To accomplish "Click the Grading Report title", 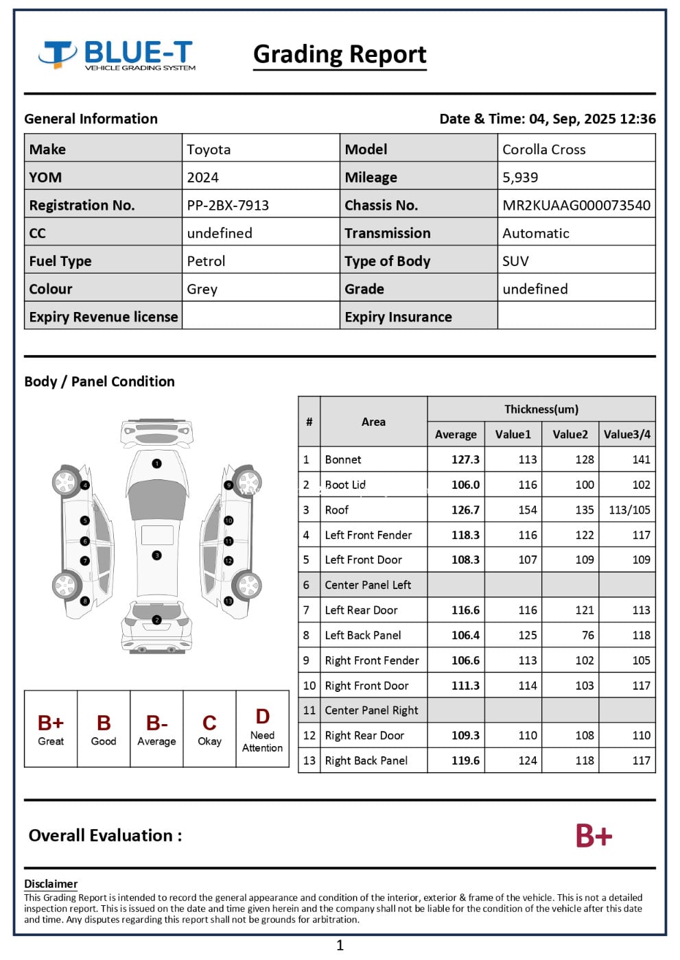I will click(x=340, y=54).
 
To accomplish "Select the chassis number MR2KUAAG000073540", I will click(x=576, y=205).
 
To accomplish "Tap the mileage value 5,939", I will click(x=520, y=177).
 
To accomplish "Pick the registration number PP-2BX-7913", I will click(x=228, y=205).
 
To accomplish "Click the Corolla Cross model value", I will click(x=543, y=149).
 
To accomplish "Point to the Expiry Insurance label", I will click(x=398, y=317).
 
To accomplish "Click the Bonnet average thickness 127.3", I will click(x=465, y=459).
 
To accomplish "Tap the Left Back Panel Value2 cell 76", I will click(x=587, y=635).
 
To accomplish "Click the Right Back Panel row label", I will click(x=366, y=760).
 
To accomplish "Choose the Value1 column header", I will click(x=513, y=434).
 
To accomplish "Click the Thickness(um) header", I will click(x=541, y=409).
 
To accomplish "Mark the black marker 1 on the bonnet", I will click(x=157, y=464).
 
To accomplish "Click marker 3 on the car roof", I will click(x=157, y=555).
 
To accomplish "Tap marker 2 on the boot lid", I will click(x=157, y=620).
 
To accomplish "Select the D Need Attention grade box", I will click(x=262, y=729).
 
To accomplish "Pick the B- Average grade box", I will click(x=156, y=729).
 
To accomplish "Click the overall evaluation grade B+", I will click(x=594, y=835).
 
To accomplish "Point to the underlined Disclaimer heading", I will click(x=51, y=884).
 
